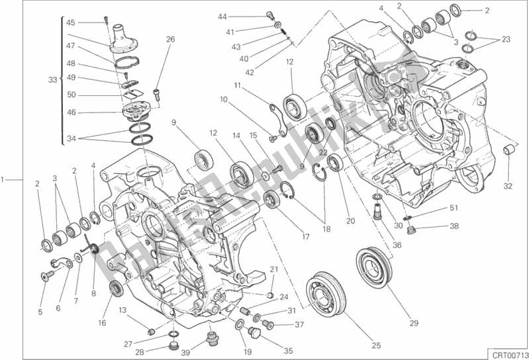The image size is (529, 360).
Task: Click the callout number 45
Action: coord(71,22)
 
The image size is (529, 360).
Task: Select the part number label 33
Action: coord(52,79)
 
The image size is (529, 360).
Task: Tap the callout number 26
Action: coord(170,39)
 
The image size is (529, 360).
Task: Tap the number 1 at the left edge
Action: coord(5,179)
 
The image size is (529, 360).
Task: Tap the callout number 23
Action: coord(506,39)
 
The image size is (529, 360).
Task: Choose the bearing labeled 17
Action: coord(271,199)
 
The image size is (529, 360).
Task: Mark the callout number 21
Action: coord(273,268)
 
